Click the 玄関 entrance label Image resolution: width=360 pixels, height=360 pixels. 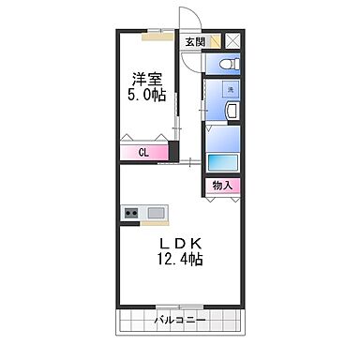(194, 40)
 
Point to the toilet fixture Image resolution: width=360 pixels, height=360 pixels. (224, 62)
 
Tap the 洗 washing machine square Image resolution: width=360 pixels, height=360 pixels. (230, 90)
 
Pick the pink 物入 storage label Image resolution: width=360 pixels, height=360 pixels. (223, 185)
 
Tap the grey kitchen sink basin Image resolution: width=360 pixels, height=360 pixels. (155, 213)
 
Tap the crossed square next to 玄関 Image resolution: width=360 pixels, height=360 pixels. (232, 40)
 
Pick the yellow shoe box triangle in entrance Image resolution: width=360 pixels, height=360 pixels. (215, 40)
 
